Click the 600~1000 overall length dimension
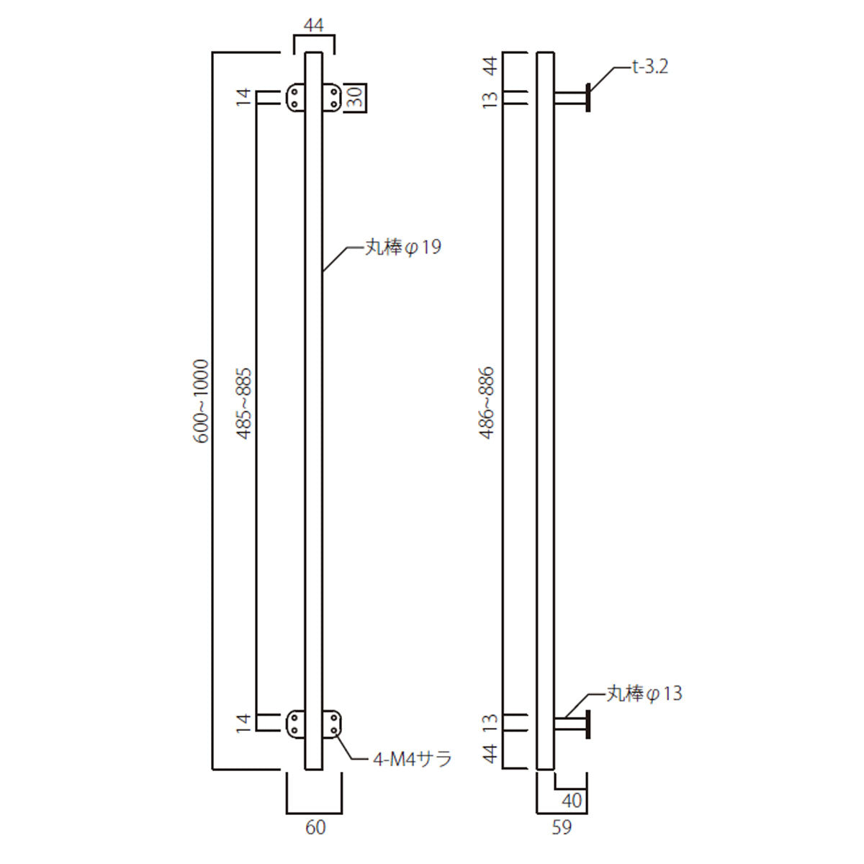[x=202, y=401]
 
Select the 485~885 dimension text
[x=244, y=403]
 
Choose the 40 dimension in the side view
[x=572, y=801]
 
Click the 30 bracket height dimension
[x=356, y=97]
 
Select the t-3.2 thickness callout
[x=650, y=67]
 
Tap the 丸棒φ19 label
[x=403, y=247]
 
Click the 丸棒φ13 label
[x=644, y=693]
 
